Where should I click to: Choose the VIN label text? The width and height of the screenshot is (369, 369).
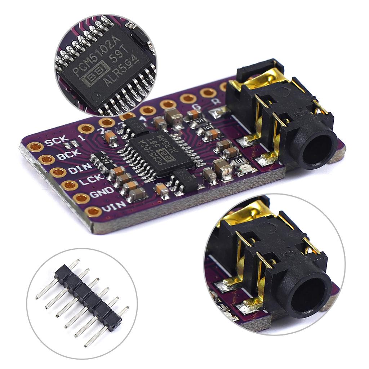pyautogui.click(x=114, y=207)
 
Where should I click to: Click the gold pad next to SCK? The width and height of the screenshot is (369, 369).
pyautogui.click(x=35, y=147)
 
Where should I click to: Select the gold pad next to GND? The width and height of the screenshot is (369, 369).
pyautogui.click(x=81, y=198)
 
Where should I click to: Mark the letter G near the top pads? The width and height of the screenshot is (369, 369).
pyautogui.click(x=197, y=107)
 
